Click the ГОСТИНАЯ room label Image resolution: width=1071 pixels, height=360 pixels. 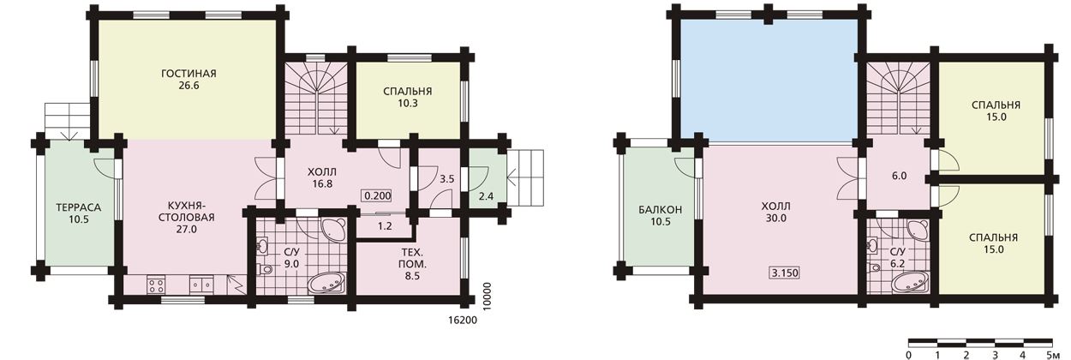coord(188,74)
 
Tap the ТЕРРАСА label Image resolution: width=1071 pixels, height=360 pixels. coord(79,207)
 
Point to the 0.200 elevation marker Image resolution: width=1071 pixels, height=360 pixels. coord(378,195)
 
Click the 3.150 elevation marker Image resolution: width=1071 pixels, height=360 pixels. coord(785,273)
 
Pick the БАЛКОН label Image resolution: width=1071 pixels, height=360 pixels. coord(661,209)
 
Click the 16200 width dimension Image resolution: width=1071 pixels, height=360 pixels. coord(463,321)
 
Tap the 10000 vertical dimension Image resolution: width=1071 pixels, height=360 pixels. coord(487,297)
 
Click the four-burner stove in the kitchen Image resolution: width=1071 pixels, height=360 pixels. coord(156,285)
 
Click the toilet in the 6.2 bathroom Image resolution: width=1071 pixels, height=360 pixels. coord(875,267)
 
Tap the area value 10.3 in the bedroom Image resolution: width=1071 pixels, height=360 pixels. coord(407,103)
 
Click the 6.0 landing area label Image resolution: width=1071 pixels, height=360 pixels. coord(899,176)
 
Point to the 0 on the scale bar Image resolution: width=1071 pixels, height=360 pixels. coord(908,355)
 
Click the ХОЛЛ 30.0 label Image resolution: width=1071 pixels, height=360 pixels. coord(775,213)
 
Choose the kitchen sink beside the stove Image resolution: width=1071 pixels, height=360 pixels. coord(201,285)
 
